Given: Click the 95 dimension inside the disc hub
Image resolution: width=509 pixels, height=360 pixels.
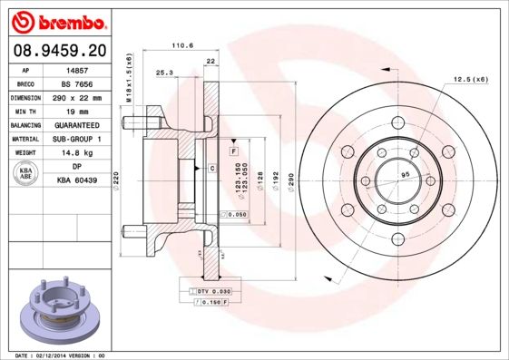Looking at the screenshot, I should [406, 174].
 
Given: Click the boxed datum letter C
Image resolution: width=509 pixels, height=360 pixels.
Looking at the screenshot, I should [211, 169].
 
